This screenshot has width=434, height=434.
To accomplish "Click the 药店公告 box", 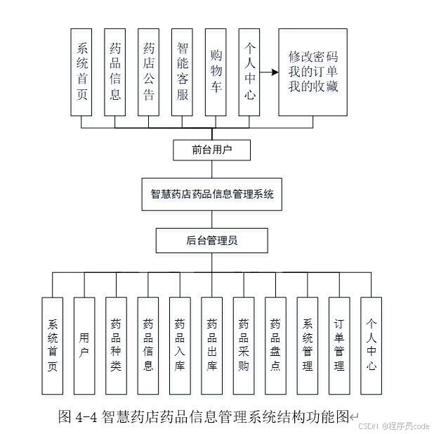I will pos(149,72).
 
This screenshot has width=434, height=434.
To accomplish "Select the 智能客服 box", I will pos(183,72).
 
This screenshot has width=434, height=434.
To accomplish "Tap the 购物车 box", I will pos(216,72).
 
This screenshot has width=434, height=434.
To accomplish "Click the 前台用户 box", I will pos(211,150).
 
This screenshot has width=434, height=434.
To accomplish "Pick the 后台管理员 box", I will pos(211,241).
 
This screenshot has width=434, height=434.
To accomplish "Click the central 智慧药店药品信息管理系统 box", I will pos(211,195).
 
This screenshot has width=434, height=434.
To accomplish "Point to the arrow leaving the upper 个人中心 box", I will pos(268,72).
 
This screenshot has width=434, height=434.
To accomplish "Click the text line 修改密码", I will pos(314,56).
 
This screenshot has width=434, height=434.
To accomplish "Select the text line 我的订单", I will pos(314,72).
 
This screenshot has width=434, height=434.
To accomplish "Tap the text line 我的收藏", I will pos(314,88).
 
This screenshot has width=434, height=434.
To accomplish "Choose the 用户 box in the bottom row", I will pos(84,345).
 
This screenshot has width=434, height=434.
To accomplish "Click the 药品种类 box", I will pos(116,345).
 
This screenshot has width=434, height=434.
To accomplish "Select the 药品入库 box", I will pos(180,345).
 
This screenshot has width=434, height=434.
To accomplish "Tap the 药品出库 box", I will pos(212,345).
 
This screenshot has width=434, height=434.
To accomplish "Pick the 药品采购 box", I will pos(244,345).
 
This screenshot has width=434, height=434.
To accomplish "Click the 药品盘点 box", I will pos(275,345).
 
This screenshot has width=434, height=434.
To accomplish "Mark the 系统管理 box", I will pos(308,345).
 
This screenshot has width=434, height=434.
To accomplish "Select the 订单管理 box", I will pos(339,345).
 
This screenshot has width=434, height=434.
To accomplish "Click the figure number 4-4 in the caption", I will pos(86,416).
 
